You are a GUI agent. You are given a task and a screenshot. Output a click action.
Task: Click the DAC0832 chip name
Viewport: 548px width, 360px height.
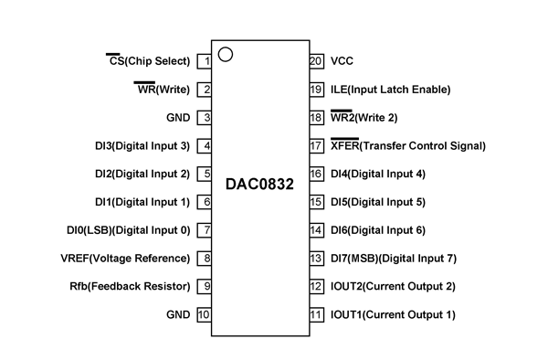pos(261,185)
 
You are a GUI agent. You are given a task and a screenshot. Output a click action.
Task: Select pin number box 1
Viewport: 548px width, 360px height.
pos(205,61)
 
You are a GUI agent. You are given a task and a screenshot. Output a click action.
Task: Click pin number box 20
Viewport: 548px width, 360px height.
pos(317,61)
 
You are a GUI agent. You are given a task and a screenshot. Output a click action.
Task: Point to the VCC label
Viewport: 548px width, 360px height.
pos(342,61)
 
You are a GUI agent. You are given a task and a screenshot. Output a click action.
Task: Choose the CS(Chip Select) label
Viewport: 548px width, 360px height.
pos(149,61)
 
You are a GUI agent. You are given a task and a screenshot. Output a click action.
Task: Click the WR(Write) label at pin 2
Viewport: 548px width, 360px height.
pos(162,90)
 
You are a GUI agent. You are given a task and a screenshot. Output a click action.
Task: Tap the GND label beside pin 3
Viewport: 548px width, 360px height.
pos(177,118)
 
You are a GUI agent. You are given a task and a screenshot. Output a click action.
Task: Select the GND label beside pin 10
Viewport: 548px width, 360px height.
pos(177,315)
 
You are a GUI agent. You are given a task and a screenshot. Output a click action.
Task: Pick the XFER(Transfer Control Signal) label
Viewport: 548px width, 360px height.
pos(408,146)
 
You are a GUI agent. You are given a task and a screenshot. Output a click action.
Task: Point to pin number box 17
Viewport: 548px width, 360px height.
pos(317,146)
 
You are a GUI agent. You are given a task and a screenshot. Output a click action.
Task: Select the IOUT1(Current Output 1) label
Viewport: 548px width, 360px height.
pos(394,315)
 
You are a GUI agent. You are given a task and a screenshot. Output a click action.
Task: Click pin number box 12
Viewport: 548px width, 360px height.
pos(317,287)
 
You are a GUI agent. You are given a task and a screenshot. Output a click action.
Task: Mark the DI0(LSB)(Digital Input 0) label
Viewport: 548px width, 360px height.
pos(128,230)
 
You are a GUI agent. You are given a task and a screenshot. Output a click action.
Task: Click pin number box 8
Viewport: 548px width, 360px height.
pos(205,259)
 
